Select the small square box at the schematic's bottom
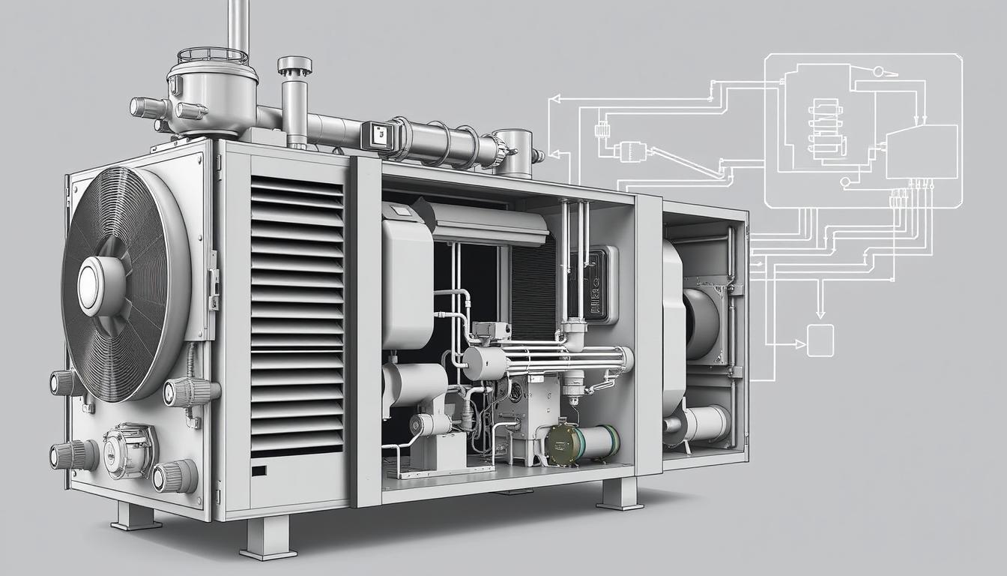820,340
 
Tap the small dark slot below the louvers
258,471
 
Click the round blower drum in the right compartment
701,322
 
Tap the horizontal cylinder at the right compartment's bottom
704,424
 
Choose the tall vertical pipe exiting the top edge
238,26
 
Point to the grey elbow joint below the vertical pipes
574,335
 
